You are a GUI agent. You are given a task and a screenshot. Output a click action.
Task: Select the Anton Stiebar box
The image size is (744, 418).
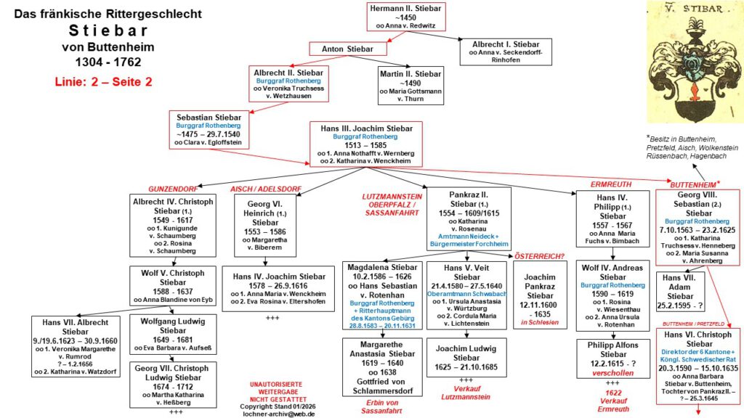pyautogui.click(x=347, y=49)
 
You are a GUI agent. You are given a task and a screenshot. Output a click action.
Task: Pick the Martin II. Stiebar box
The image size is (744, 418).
pyautogui.click(x=409, y=84)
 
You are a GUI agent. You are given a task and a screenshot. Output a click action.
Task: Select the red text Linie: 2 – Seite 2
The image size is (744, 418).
pyautogui.click(x=102, y=81)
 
